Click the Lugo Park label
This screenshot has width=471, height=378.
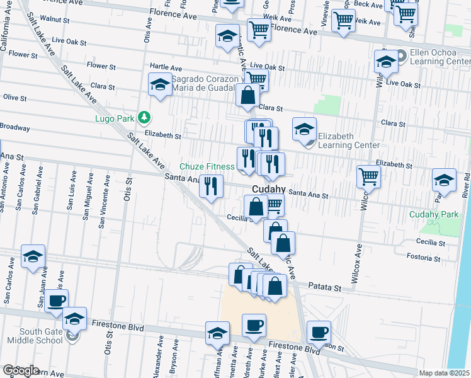click(115, 118)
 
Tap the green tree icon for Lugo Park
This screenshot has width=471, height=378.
click(144, 117)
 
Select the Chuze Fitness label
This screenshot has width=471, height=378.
click(207, 166)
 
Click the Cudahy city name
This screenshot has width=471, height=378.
click(270, 189)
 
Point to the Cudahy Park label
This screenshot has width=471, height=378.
click(434, 214)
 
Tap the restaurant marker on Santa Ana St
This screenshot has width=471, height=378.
click(211, 186)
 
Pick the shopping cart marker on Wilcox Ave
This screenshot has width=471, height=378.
click(368, 176)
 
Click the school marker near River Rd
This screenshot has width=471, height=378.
click(444, 180)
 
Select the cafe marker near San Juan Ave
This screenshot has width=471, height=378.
click(56, 301)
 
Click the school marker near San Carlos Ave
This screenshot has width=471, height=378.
click(33, 256)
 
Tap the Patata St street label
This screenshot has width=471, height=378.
click(324, 287)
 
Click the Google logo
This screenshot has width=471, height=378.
click(21, 370)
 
